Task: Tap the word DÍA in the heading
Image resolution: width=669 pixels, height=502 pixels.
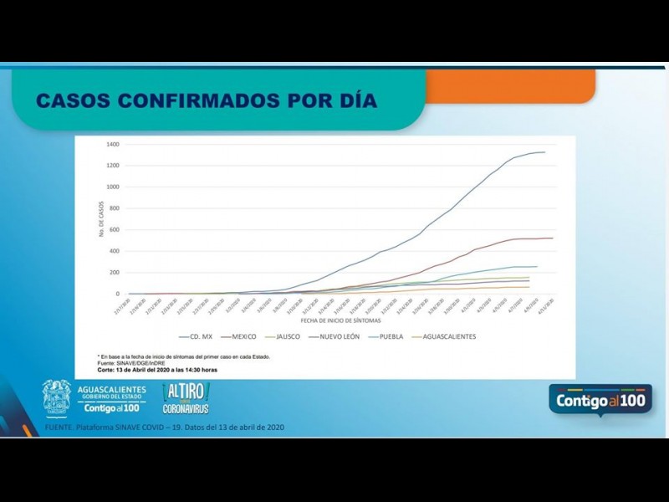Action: click(355, 101)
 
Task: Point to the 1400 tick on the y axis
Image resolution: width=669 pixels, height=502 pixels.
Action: click(113, 144)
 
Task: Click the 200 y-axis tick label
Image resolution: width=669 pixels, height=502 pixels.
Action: click(115, 273)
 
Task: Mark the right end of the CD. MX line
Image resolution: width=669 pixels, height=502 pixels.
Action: click(544, 152)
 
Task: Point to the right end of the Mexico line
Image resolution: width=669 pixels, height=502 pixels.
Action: click(553, 238)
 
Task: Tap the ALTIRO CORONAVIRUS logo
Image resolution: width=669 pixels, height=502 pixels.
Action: click(186, 398)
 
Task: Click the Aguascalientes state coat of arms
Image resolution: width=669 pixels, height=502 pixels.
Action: click(57, 398)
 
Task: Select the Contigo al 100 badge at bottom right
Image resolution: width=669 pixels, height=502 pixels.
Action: click(600, 400)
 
